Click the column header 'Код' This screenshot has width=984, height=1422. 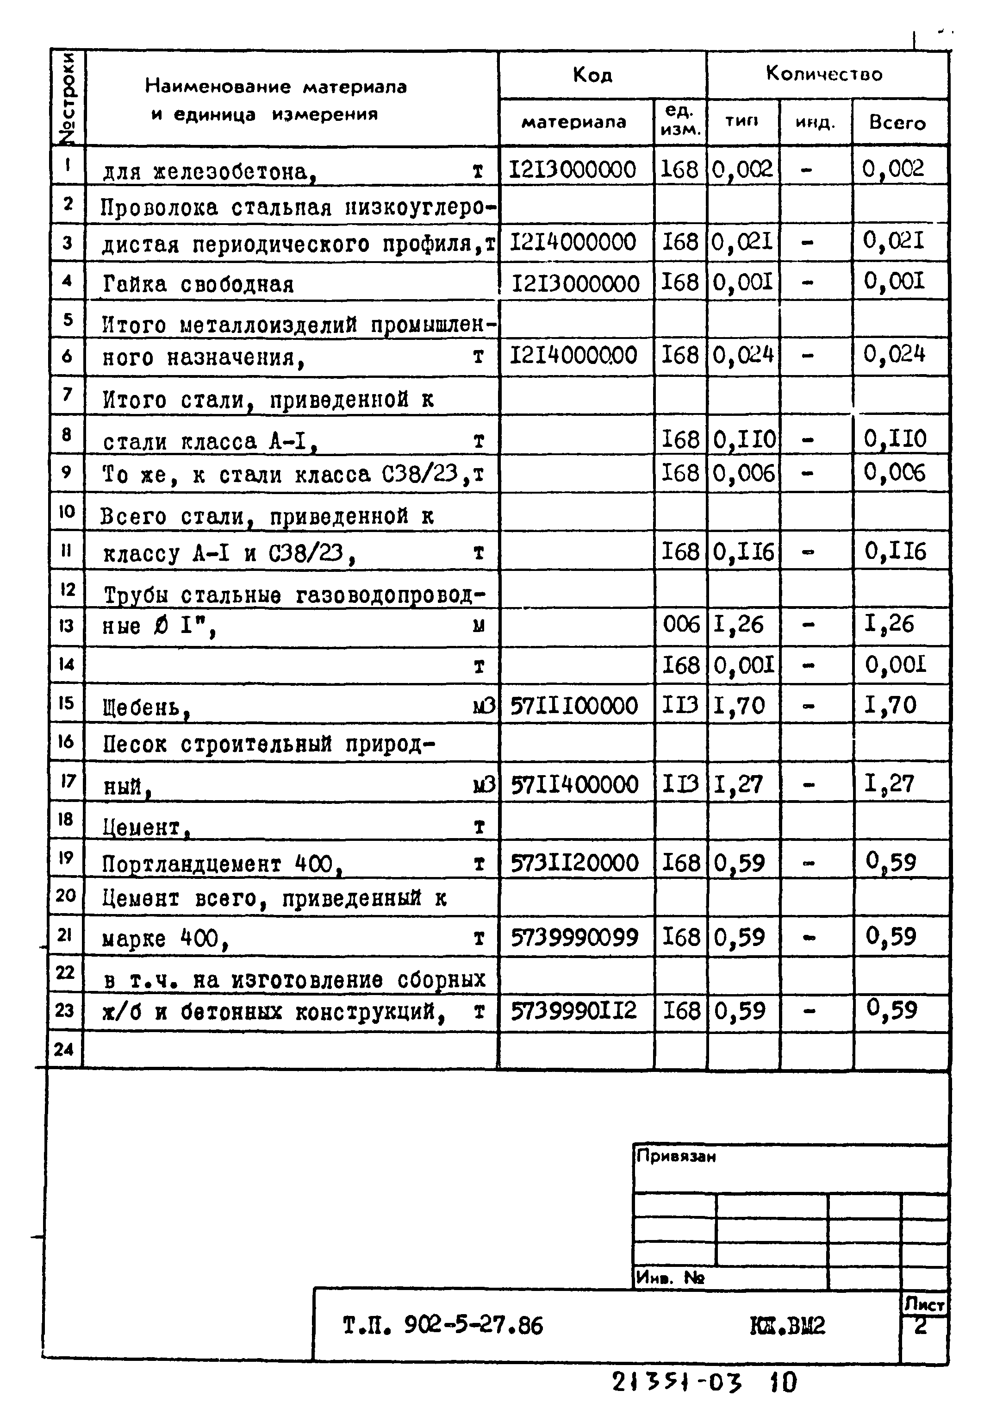tap(592, 75)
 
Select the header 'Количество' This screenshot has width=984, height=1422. tap(824, 74)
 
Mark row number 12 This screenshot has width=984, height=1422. tap(67, 589)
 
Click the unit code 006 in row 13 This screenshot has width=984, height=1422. tap(681, 625)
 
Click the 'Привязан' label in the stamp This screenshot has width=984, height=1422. tap(676, 1156)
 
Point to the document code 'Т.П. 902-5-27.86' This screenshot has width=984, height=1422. tap(442, 1325)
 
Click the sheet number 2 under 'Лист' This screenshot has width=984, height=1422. tap(921, 1327)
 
